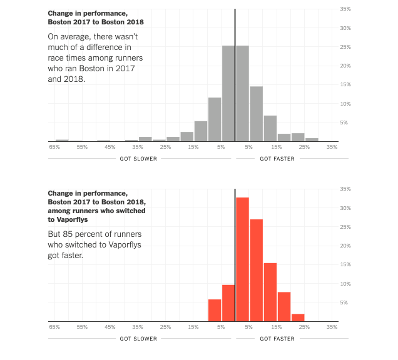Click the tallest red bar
242,259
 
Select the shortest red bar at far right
298,317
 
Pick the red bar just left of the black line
228,302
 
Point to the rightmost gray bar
312,140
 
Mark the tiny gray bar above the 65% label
62,141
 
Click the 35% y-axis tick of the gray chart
345,9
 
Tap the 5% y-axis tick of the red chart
344,302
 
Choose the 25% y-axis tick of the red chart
345,227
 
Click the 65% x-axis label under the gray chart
54,147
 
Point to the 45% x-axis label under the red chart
110,326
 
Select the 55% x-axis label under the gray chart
82,147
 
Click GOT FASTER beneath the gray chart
277,159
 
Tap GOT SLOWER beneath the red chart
138,338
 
